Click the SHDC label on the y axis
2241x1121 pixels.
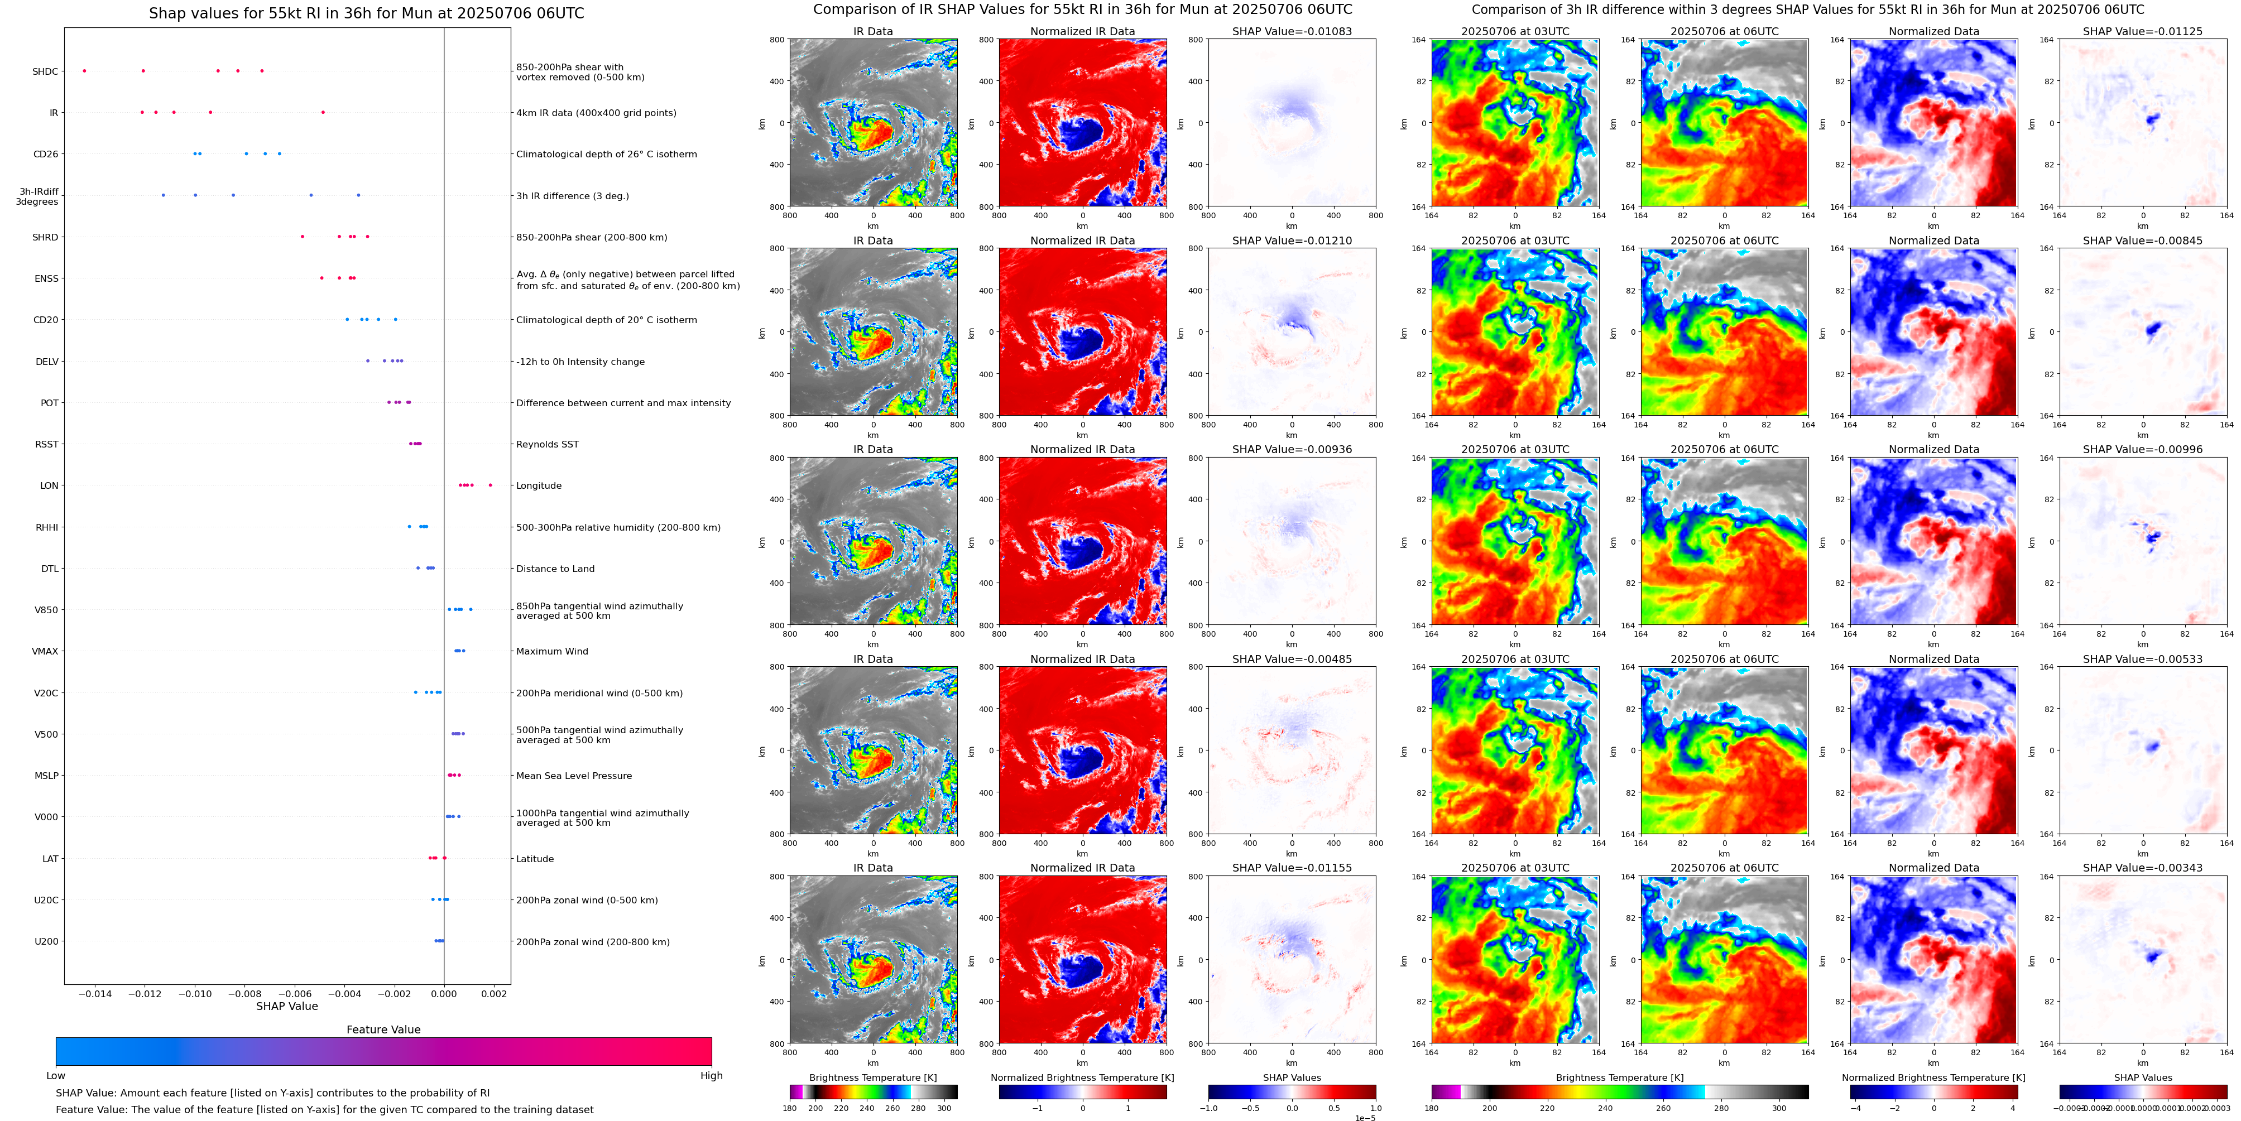point(45,71)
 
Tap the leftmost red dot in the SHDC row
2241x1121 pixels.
point(84,70)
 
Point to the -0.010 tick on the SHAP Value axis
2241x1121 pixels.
point(196,993)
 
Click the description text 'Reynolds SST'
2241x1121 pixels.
point(547,444)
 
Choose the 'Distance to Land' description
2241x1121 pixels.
point(555,569)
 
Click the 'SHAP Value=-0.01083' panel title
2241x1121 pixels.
point(1292,31)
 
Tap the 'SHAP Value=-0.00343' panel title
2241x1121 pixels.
point(2143,868)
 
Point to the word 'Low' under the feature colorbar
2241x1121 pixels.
point(56,1076)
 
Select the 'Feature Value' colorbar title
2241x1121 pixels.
point(383,1029)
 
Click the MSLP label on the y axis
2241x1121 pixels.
point(46,776)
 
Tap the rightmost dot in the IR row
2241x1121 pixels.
point(323,112)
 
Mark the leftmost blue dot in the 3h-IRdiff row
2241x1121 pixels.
point(164,195)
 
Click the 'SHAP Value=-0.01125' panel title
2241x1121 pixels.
point(2143,31)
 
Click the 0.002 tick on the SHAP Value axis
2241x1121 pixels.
point(494,993)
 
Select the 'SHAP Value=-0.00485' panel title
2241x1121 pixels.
point(1292,659)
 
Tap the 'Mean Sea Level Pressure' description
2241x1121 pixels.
point(574,776)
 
